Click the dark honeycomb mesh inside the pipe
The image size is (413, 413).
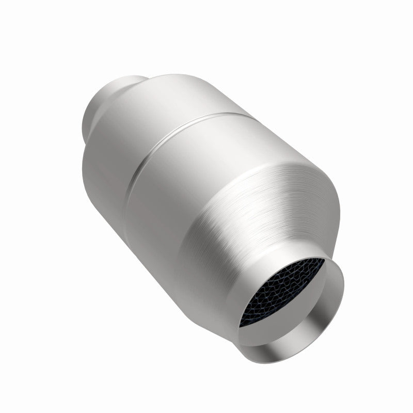click(284, 294)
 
